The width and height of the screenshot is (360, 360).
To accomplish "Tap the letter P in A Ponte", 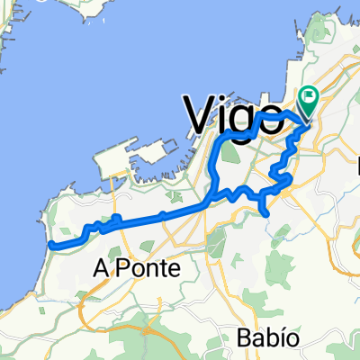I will click(123, 268).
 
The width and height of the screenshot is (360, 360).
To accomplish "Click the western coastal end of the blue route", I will click(51, 244).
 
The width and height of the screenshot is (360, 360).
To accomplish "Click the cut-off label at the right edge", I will click(356, 166).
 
